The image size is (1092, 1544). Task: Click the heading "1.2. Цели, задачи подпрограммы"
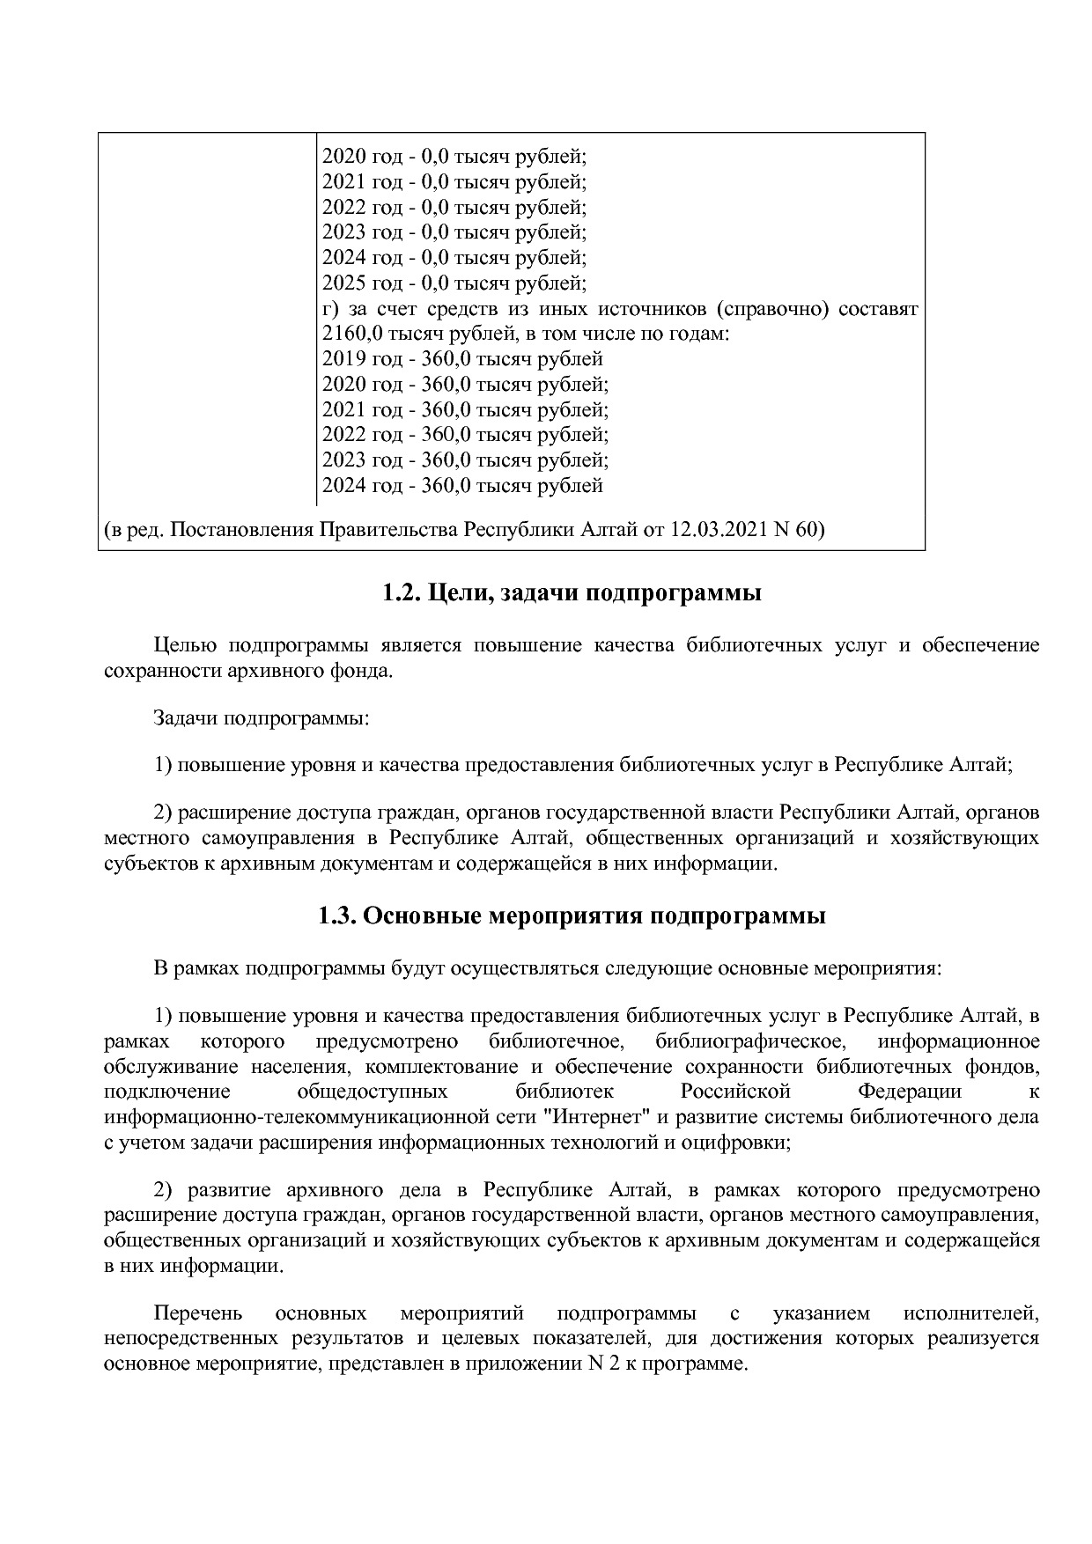(572, 593)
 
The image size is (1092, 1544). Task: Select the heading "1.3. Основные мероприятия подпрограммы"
(572, 916)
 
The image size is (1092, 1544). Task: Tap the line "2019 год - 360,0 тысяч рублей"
(462, 359)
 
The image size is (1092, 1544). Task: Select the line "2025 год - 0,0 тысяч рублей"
(454, 283)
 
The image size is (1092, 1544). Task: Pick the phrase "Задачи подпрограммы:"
(261, 718)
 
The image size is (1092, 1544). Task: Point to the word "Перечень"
(197, 1314)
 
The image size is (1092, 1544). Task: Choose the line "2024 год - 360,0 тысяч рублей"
(462, 486)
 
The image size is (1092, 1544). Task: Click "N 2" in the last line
(597, 1365)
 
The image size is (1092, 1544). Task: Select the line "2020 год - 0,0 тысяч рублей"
(454, 157)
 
